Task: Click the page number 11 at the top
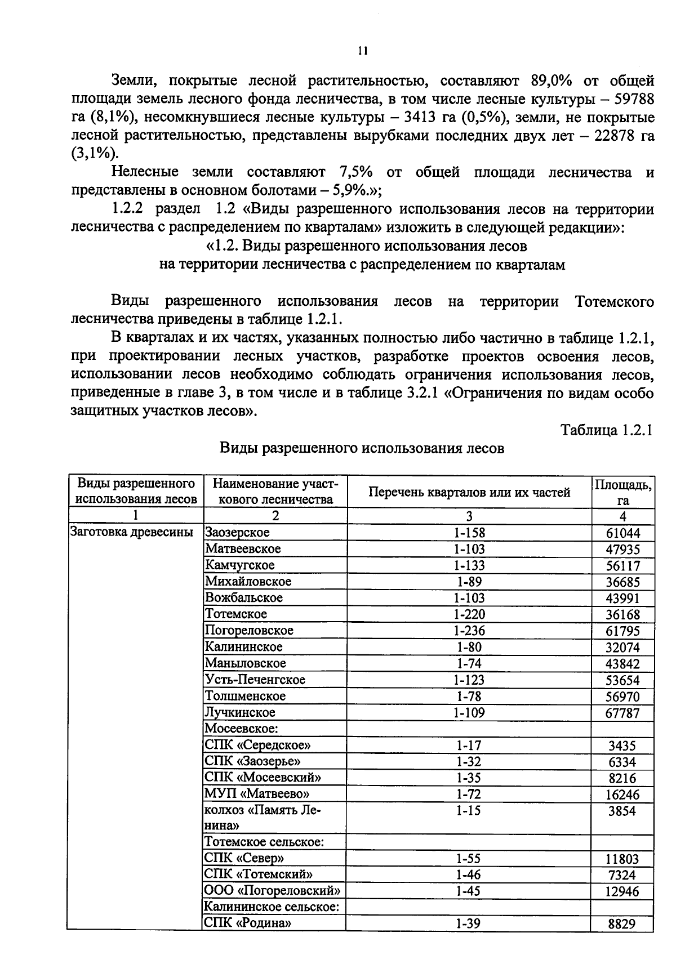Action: [x=362, y=51]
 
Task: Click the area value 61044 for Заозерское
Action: [x=622, y=533]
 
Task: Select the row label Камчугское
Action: [x=239, y=565]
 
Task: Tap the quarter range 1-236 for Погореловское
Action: [x=469, y=631]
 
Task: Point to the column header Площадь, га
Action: [x=622, y=492]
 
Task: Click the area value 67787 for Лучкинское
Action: [x=622, y=713]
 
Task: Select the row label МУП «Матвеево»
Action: [x=257, y=794]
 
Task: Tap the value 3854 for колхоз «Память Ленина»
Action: [x=622, y=811]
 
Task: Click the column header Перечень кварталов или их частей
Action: [x=469, y=492]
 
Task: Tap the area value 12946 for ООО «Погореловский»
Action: [x=622, y=891]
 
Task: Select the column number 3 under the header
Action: [x=469, y=516]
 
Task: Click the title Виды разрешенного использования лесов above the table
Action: [x=361, y=448]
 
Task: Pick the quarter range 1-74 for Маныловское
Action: [x=469, y=663]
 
